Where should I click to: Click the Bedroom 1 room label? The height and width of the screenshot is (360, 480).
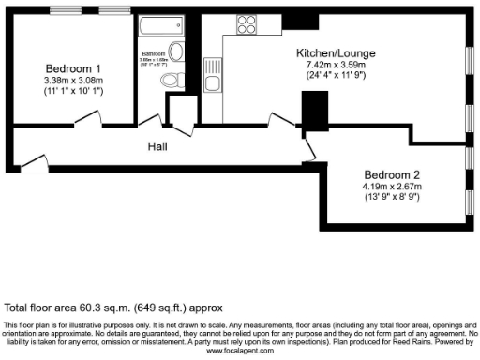point(72,68)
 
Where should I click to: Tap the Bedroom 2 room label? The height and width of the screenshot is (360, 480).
point(393,175)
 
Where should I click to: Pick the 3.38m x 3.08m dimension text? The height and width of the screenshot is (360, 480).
point(72,81)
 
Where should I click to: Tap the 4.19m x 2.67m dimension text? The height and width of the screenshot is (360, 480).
point(393,187)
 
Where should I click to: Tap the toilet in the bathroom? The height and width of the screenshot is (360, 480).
point(172,82)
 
